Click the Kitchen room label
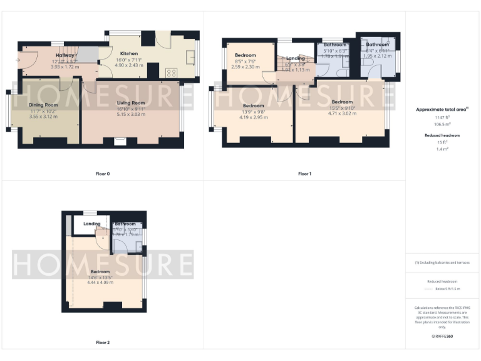[x=128, y=54]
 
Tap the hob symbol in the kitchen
[x=171, y=72]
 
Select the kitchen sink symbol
[x=190, y=59]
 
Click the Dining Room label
[x=43, y=105]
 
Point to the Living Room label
[x=131, y=102]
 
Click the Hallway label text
[x=65, y=56]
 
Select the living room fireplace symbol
[x=120, y=142]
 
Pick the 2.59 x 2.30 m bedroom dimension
[x=245, y=66]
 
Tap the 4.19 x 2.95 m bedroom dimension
[x=253, y=117]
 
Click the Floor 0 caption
[x=102, y=173]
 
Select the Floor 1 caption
[x=304, y=173]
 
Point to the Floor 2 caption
[x=102, y=342]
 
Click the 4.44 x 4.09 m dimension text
[x=100, y=283]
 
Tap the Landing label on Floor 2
[x=92, y=224]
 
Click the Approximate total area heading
[x=442, y=110]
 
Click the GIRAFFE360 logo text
[x=442, y=337]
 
